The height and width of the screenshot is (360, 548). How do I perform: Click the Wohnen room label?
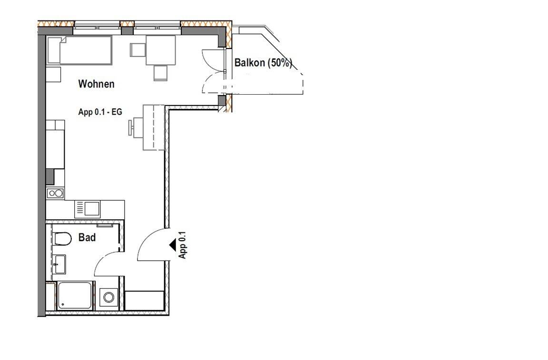(x=96, y=84)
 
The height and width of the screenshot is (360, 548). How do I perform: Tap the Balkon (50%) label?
(x=263, y=63)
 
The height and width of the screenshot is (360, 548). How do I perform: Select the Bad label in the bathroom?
(x=87, y=237)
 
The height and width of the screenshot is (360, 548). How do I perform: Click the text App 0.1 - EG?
(x=100, y=112)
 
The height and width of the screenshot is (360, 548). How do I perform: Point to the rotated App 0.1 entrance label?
(x=182, y=245)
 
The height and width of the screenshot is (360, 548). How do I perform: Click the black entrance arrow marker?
(x=173, y=245)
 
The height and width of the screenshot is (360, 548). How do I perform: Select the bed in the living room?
(x=79, y=49)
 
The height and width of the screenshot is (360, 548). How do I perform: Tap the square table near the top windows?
(x=160, y=50)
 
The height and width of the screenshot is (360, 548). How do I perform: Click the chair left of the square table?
(x=137, y=50)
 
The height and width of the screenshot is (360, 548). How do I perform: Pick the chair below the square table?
(x=160, y=72)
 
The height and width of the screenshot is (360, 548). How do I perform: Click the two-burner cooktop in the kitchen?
(x=55, y=193)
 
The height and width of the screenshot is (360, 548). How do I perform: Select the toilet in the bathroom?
(x=62, y=238)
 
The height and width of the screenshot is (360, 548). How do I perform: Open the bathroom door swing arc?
(x=107, y=263)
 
